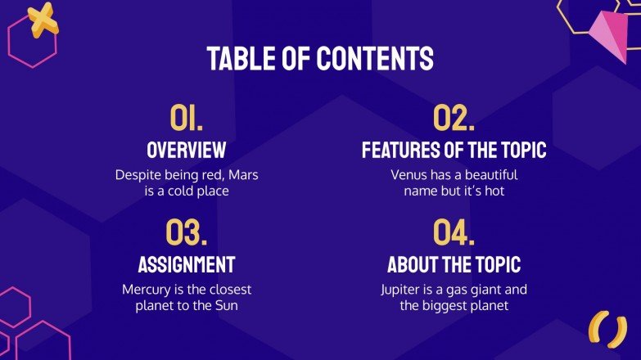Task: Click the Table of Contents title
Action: point(320,58)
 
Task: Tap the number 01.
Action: point(186,119)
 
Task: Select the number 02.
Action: point(454,119)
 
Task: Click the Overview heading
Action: point(186,151)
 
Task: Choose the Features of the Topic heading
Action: point(454,151)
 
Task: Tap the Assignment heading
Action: point(186,264)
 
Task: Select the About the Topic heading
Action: point(454,264)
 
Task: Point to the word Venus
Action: point(409,175)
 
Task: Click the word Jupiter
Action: point(403,290)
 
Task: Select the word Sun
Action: point(238,306)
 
